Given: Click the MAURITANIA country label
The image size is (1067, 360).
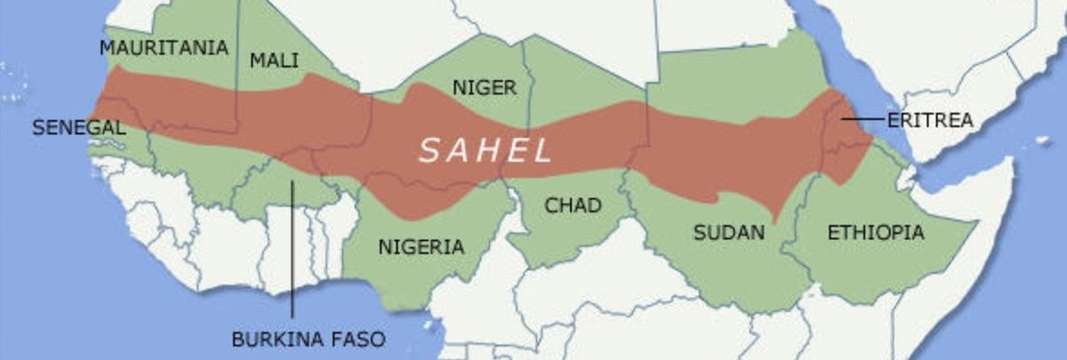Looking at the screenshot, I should click(164, 48).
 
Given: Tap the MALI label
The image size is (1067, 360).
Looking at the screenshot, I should click(274, 60).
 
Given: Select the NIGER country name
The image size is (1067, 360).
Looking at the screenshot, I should click(484, 87).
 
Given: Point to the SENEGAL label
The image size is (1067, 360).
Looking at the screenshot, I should click(78, 128).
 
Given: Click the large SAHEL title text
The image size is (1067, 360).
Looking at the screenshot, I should click(485, 150).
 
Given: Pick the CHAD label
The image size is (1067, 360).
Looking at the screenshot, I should click(573, 205).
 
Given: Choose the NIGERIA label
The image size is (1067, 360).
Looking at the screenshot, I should click(421, 247).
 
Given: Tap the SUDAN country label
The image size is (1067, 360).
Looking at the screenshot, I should click(728, 233).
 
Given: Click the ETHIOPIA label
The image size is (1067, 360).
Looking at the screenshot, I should click(875, 233).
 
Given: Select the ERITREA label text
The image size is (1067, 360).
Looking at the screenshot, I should click(929, 120).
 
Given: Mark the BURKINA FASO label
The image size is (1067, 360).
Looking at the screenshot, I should click(309, 339).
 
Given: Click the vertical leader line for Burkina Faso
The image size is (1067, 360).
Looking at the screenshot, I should click(293, 249).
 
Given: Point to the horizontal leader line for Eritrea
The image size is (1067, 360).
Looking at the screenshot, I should click(862, 118).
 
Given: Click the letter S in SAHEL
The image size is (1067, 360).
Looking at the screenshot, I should click(429, 150).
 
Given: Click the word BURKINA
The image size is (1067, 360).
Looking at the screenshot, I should click(276, 339).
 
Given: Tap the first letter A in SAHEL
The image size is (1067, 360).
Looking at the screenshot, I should click(457, 150).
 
